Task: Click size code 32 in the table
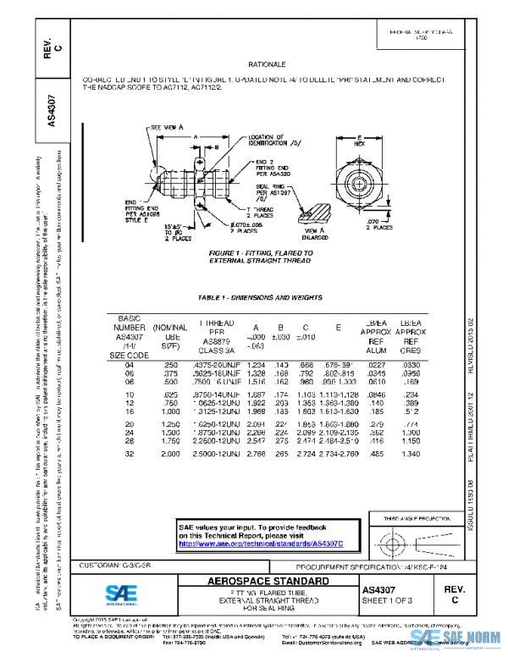tap(130, 455)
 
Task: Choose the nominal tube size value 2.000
tap(170, 455)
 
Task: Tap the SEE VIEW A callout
tap(168, 126)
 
